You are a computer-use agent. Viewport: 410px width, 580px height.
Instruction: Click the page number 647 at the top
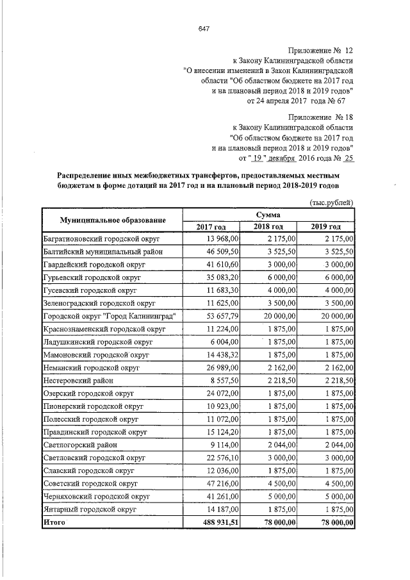pyautogui.click(x=204, y=29)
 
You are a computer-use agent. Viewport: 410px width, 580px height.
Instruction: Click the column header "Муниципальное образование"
pyautogui.click(x=113, y=220)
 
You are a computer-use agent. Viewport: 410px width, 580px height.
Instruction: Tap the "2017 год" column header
pyautogui.click(x=211, y=226)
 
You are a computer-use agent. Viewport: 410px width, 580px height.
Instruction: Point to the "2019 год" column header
pyautogui.click(x=325, y=226)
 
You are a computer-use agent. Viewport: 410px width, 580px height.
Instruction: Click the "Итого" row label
pyautogui.click(x=54, y=522)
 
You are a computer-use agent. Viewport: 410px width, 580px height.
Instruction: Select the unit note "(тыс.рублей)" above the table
pyautogui.click(x=331, y=203)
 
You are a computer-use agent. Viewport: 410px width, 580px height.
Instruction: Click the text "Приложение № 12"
pyautogui.click(x=320, y=50)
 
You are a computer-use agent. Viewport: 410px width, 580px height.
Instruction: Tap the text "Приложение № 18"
pyautogui.click(x=320, y=118)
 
